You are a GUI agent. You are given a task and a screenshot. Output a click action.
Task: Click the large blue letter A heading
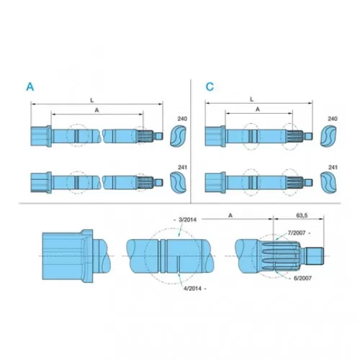[x=30, y=86]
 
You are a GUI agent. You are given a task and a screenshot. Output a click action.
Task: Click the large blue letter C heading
[x=210, y=86]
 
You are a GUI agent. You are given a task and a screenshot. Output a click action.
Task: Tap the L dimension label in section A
[x=92, y=100]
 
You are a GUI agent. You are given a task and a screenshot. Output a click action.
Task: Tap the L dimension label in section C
[x=251, y=99]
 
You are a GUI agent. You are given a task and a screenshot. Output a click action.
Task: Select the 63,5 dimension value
[x=302, y=215]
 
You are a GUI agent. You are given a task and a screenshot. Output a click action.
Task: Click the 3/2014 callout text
[x=187, y=220]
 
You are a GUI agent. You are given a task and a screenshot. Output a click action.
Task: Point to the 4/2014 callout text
[x=192, y=289]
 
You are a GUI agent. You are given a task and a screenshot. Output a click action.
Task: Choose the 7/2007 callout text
[x=297, y=233]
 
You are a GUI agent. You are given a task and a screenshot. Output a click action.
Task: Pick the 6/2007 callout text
[x=302, y=278]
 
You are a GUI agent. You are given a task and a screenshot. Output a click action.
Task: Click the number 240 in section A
[x=182, y=119]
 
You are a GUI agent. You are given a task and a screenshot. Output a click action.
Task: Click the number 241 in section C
[x=333, y=167]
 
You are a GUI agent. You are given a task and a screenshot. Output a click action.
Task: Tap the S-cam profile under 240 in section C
[x=328, y=135]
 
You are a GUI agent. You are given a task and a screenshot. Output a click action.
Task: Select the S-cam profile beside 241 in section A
[x=178, y=182]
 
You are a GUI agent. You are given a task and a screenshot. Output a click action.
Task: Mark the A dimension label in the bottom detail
[x=230, y=215]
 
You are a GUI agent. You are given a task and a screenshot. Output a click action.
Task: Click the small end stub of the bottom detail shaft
[x=315, y=256]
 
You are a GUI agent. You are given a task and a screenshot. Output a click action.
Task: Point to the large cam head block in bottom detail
[x=68, y=256]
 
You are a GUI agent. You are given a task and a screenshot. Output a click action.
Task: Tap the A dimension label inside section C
[x=258, y=109]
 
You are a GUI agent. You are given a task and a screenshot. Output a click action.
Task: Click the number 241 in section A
[x=182, y=167]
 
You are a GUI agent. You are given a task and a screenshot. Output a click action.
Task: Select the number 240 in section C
[x=333, y=119]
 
